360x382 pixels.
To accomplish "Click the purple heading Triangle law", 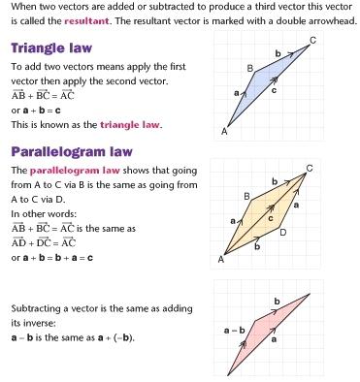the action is [x=54, y=47].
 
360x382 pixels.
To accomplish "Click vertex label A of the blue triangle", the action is [x=224, y=131].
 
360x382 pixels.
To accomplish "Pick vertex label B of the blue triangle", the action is [x=249, y=68].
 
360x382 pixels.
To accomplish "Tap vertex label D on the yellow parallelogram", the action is [x=283, y=232].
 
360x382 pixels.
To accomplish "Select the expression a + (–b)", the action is [x=115, y=336].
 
